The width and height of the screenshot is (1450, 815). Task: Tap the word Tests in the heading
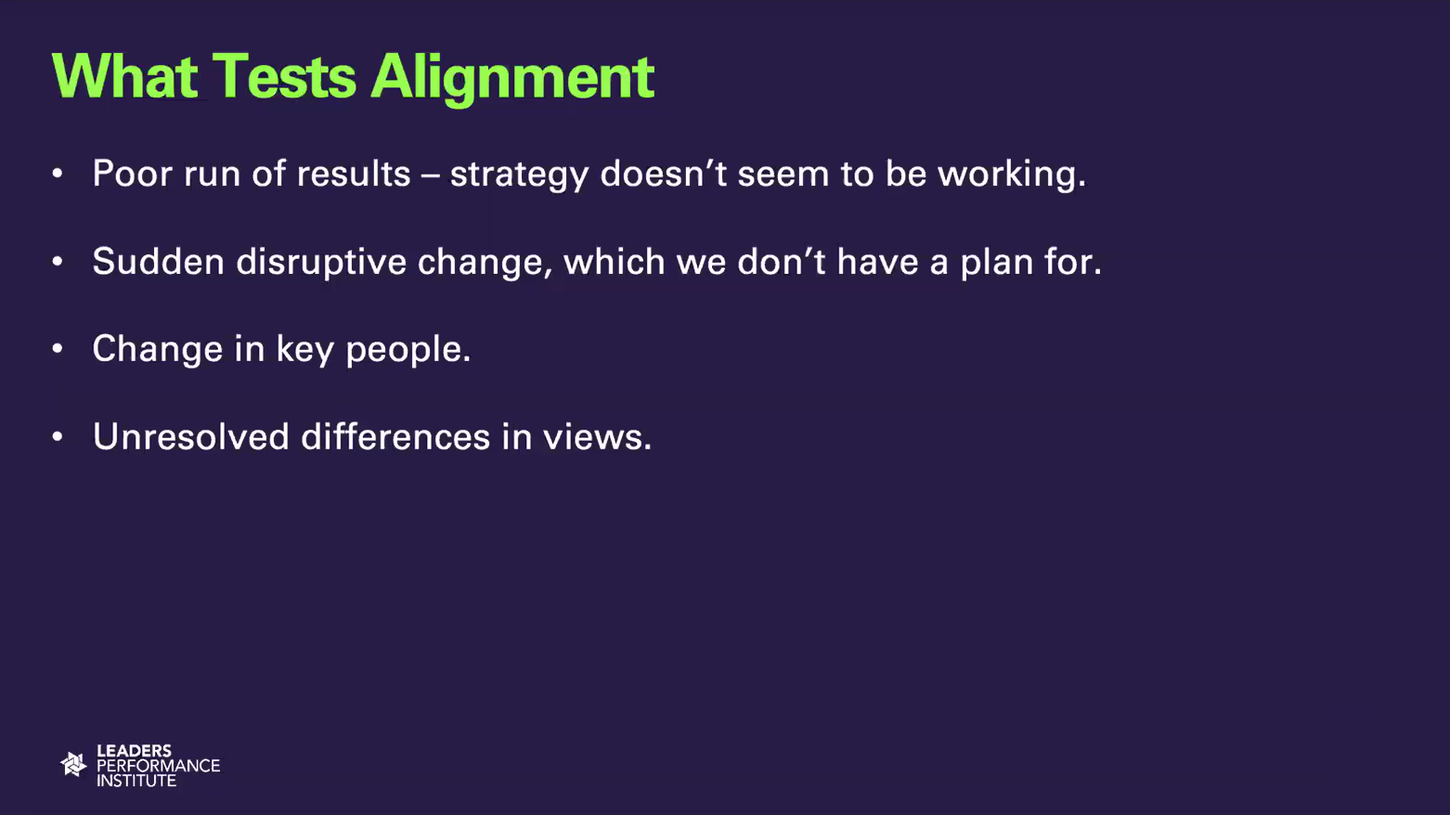[x=284, y=77]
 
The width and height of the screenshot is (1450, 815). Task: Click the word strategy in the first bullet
[x=519, y=175]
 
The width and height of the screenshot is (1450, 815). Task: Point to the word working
[x=1012, y=175]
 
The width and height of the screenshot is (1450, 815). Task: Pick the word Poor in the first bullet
[x=132, y=174]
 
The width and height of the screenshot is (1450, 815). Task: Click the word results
[x=354, y=174]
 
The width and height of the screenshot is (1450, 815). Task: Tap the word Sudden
[x=159, y=261]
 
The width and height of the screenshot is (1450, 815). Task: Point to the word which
[x=615, y=261]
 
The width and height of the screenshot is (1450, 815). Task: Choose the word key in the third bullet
[x=304, y=350]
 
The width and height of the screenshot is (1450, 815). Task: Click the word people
[x=408, y=350]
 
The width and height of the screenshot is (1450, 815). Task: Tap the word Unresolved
[x=190, y=436]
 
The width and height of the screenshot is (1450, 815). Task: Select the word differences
[x=395, y=436]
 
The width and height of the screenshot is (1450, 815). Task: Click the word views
[x=597, y=436]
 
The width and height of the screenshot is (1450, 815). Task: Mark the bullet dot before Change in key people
[x=58, y=349]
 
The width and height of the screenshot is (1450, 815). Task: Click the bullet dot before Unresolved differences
[x=58, y=437]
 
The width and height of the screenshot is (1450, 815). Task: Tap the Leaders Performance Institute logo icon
[x=73, y=765]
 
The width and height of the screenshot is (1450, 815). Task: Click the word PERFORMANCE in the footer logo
[x=159, y=766]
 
